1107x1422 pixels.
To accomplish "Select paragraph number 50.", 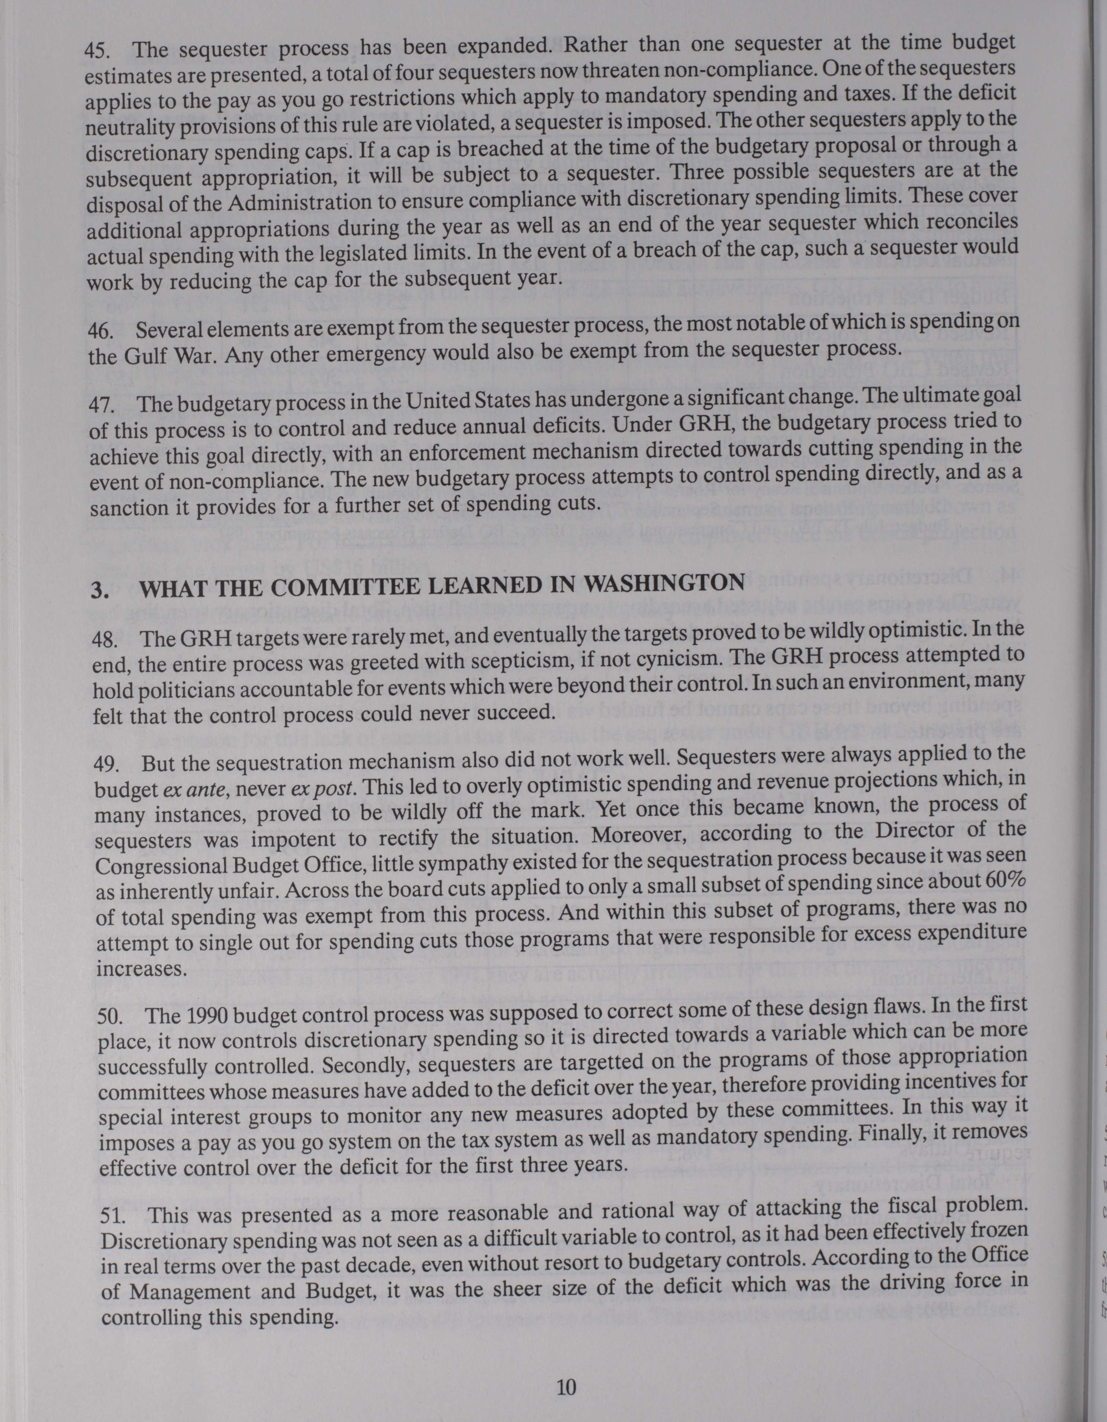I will [x=109, y=1017].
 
